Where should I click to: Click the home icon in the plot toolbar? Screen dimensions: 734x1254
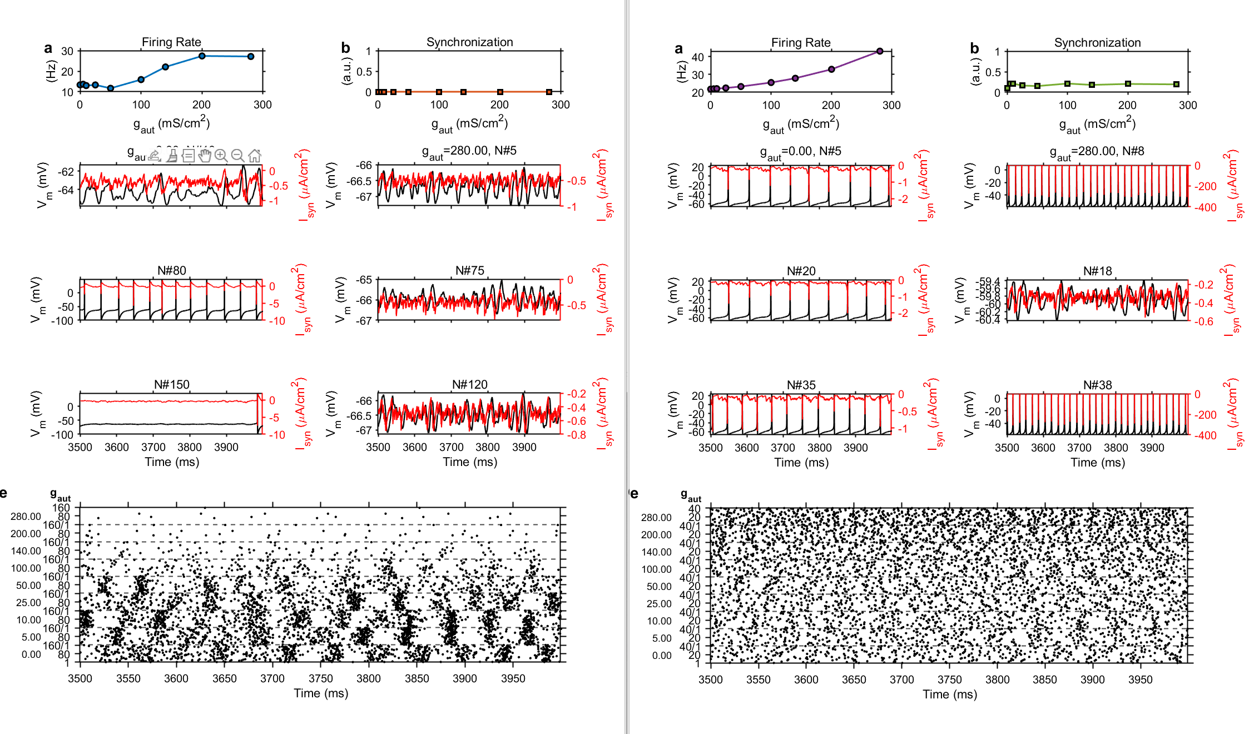pyautogui.click(x=255, y=156)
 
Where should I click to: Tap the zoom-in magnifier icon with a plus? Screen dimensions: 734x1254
pyautogui.click(x=221, y=156)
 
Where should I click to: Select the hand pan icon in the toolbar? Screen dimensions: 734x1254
pyautogui.click(x=205, y=156)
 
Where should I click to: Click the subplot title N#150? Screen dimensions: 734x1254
pyautogui.click(x=171, y=384)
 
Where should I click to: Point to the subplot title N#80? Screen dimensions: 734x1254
pyautogui.click(x=171, y=270)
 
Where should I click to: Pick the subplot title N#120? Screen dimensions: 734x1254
pyautogui.click(x=469, y=384)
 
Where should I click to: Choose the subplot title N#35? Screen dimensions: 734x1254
pyautogui.click(x=801, y=385)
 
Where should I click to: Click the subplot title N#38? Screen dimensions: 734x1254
pyautogui.click(x=1097, y=385)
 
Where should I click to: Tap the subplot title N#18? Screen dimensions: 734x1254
pyautogui.click(x=1097, y=271)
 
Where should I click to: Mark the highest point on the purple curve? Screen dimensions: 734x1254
pyautogui.click(x=880, y=51)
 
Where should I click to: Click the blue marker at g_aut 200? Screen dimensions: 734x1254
pyautogui.click(x=202, y=56)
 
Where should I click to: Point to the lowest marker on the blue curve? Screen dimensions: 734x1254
pyautogui.click(x=111, y=88)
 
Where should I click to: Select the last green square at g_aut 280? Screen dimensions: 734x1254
pyautogui.click(x=1176, y=85)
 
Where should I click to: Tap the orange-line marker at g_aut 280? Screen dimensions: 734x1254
pyautogui.click(x=549, y=92)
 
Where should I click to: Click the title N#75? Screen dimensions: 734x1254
pyautogui.click(x=469, y=270)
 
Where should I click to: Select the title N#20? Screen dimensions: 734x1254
pyautogui.click(x=801, y=271)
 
